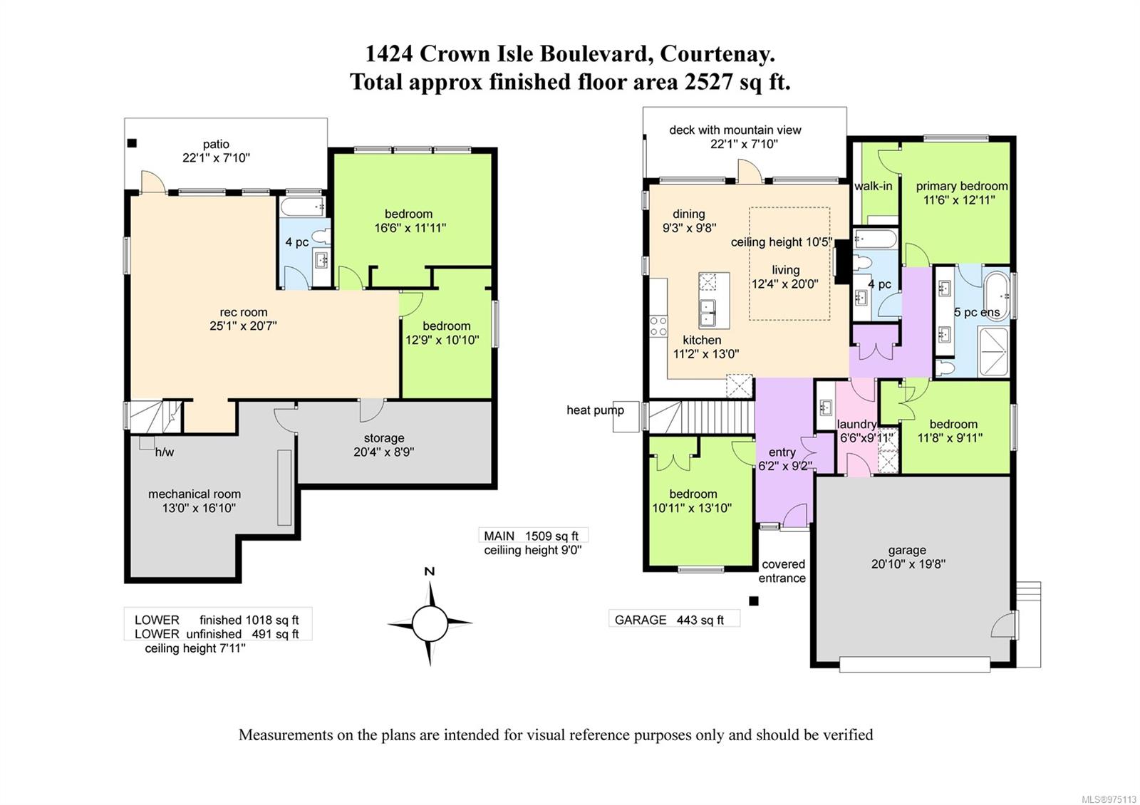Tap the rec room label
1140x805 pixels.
[x=244, y=312]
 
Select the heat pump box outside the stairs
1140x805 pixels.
[x=626, y=417]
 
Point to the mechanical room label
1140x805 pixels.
[x=195, y=494]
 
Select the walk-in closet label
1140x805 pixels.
[x=873, y=187]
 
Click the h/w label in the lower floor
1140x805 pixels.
[x=165, y=452]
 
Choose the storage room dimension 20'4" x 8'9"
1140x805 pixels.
[x=384, y=452]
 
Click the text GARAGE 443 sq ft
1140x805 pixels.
[x=669, y=620]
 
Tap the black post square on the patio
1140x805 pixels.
[x=132, y=143]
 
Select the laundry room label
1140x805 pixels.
[x=856, y=425]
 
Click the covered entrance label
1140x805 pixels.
[x=782, y=571]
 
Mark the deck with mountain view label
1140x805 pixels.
[x=735, y=130]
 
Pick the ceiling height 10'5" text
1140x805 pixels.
[x=782, y=242]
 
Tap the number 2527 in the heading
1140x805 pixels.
[x=708, y=82]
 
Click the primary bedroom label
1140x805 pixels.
[x=962, y=187]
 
